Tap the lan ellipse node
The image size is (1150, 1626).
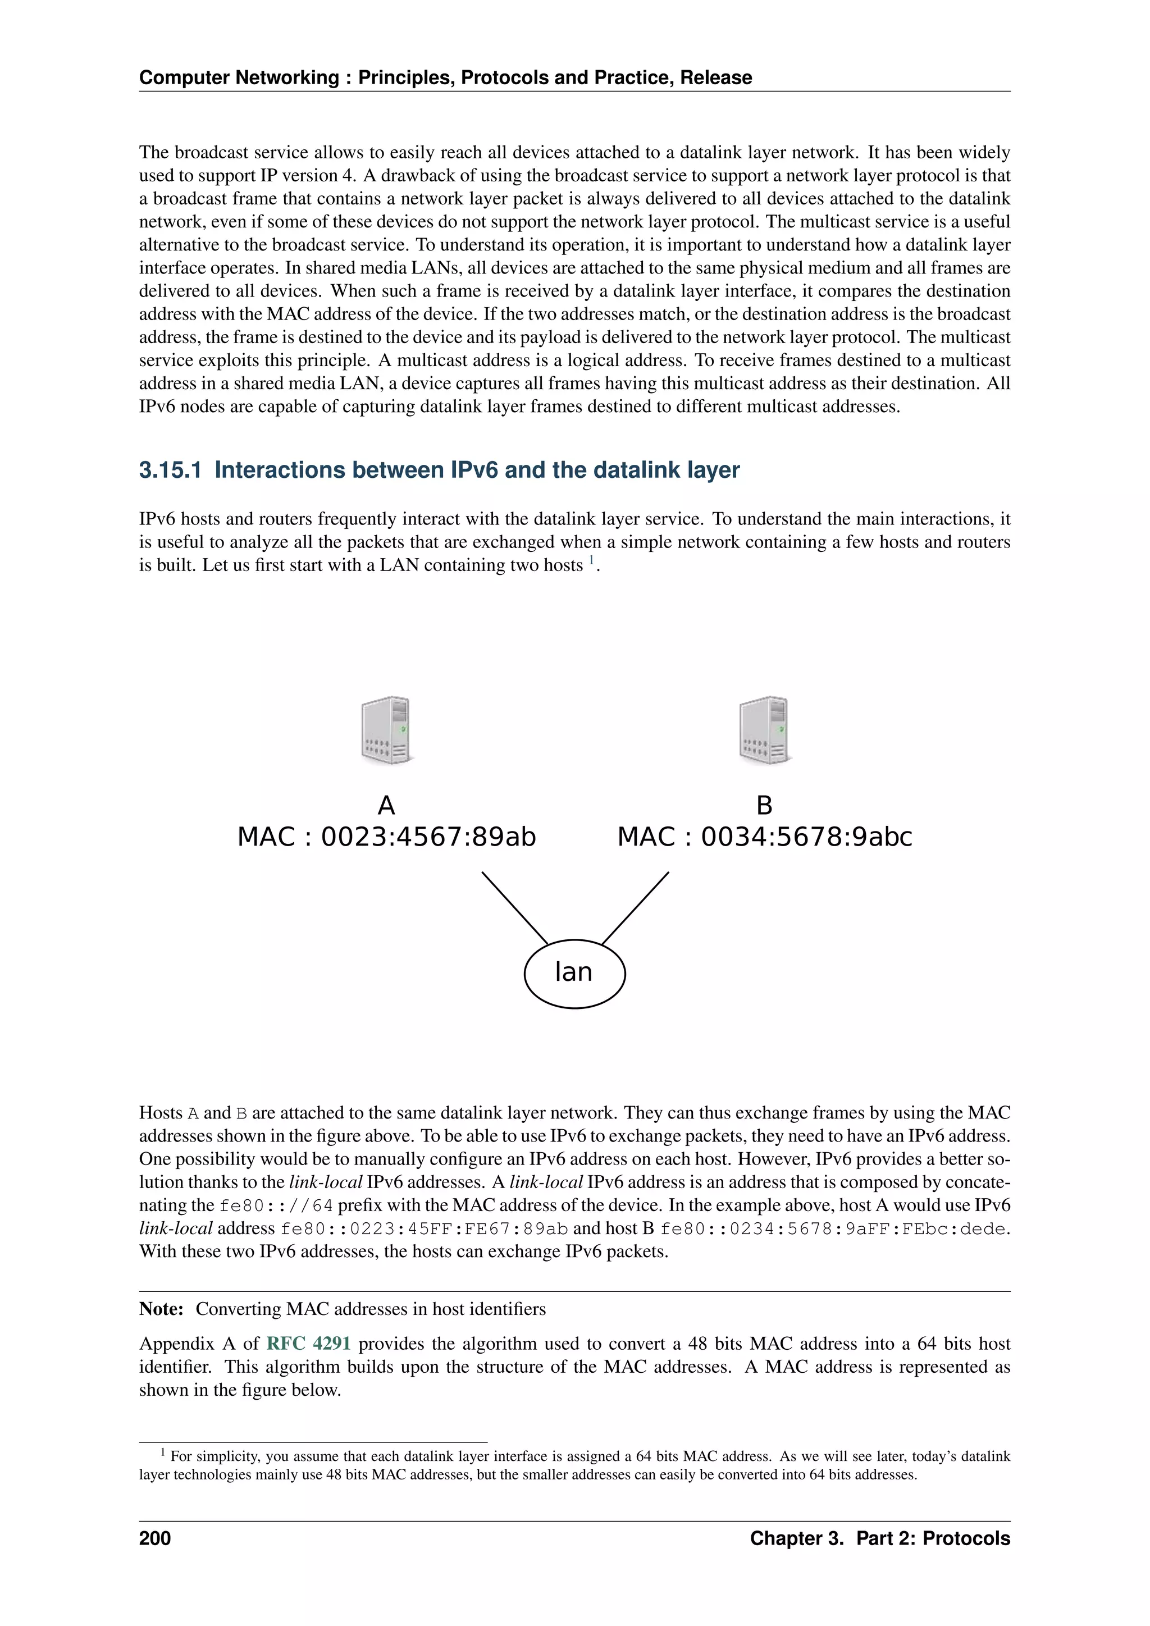[574, 973]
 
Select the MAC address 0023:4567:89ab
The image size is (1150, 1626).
[428, 837]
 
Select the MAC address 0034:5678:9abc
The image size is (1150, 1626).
[806, 837]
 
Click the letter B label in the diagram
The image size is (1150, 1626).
[764, 805]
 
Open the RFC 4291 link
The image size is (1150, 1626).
[308, 1344]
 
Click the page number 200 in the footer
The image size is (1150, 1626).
[155, 1538]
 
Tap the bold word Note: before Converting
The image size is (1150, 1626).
[162, 1309]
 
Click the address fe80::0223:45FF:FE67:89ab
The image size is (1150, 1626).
[424, 1228]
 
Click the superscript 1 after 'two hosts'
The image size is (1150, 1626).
[591, 561]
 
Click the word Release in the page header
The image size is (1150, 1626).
[716, 78]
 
